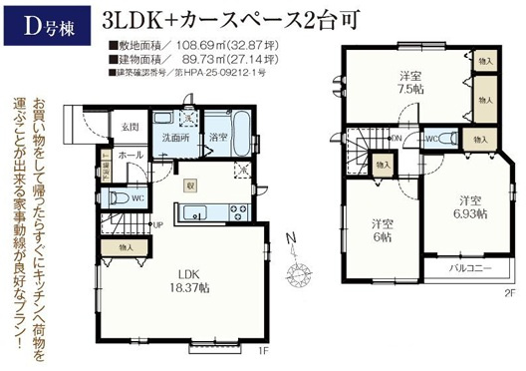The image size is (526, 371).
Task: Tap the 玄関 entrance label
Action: click(131, 127)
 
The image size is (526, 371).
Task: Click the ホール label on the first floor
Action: click(131, 157)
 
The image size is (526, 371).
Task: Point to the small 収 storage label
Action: click(187, 183)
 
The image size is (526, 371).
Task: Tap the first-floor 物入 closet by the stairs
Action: click(126, 245)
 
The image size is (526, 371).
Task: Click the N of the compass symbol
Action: click(287, 237)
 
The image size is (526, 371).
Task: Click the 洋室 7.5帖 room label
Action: click(406, 81)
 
